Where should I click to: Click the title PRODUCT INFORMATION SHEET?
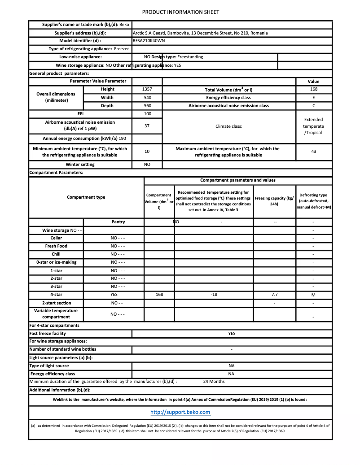click(180, 12)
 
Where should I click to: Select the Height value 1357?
click(147, 89)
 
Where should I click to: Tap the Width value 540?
click(147, 97)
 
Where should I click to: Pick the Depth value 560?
click(147, 106)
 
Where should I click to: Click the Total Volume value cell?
click(313, 89)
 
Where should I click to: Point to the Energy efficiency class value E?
click(313, 97)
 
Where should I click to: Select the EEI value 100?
click(147, 114)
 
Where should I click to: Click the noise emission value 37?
click(147, 126)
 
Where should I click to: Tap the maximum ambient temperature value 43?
click(313, 152)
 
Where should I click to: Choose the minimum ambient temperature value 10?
click(147, 152)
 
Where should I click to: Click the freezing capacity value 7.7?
click(274, 295)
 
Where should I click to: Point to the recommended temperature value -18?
click(214, 295)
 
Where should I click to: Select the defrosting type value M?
click(313, 295)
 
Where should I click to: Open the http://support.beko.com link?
click(180, 412)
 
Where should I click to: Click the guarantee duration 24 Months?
click(214, 382)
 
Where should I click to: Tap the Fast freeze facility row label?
click(48, 334)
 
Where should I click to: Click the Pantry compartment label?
click(118, 222)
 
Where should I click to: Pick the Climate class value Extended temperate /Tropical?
click(313, 126)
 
